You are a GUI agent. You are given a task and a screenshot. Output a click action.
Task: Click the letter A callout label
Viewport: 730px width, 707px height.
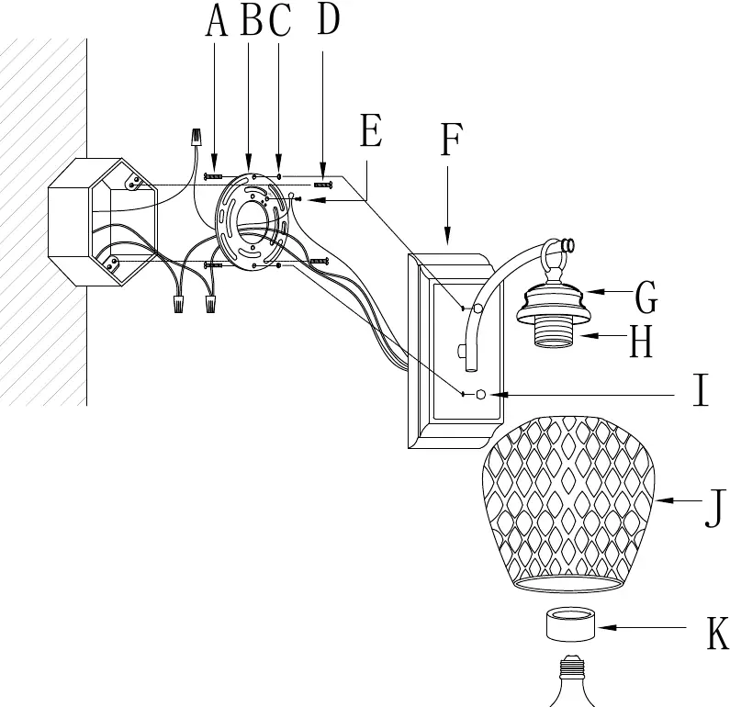point(216,21)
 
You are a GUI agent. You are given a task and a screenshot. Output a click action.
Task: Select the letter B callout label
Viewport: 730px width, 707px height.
point(252,19)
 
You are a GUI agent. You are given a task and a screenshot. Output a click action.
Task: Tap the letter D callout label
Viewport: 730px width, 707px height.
point(328,18)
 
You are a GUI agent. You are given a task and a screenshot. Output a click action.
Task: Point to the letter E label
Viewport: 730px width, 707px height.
point(371,130)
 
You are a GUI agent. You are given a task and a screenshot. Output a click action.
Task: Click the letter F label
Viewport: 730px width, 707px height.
point(451,140)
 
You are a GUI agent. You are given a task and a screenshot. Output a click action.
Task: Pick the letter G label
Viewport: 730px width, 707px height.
point(646,297)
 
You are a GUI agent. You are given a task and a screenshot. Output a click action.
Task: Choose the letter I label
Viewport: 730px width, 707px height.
point(701,390)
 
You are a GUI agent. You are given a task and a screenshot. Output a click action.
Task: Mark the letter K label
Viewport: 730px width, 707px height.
point(717,633)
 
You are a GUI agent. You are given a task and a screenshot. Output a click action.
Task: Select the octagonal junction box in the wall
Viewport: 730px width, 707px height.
point(104,222)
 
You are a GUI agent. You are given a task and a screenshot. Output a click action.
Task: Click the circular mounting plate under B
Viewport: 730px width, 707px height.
point(251,221)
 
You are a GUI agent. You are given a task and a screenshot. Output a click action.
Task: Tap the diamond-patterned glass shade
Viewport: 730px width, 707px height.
point(568,504)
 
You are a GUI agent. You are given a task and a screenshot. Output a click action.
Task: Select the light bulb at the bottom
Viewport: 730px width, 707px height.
point(571,682)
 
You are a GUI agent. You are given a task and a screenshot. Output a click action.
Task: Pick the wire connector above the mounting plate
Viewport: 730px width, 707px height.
point(197,138)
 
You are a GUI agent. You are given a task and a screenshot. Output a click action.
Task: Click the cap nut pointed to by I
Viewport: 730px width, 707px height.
point(481,395)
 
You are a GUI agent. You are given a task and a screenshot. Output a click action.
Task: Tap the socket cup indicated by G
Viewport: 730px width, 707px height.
point(550,302)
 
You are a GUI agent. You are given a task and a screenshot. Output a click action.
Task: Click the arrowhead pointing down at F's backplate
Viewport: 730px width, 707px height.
point(447,237)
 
